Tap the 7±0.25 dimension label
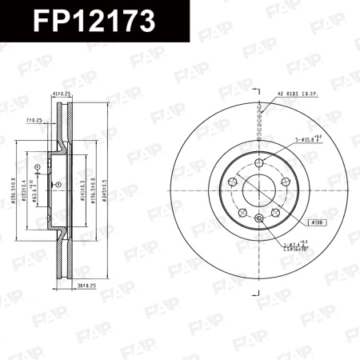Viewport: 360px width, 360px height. coord(34,120)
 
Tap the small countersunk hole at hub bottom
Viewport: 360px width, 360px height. coord(258,218)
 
